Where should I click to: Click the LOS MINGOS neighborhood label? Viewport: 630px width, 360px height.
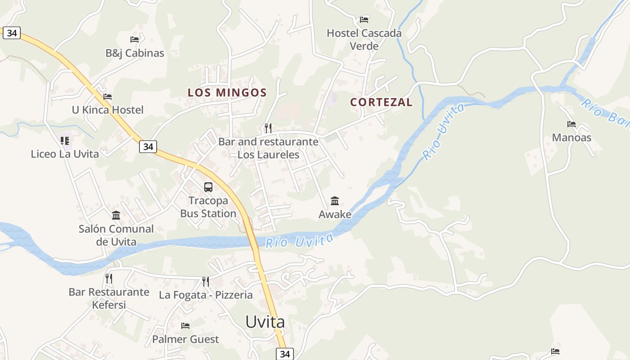(227, 93)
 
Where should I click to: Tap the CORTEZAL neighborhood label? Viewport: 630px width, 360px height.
(381, 102)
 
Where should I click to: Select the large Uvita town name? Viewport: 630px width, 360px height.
(265, 322)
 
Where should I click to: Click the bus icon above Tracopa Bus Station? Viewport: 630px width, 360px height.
(208, 187)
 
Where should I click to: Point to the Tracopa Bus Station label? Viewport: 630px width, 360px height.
(208, 207)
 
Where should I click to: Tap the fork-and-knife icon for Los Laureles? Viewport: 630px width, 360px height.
(268, 128)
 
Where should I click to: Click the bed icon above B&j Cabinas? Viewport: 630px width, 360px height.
(135, 40)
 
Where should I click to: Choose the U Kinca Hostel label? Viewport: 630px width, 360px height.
(108, 110)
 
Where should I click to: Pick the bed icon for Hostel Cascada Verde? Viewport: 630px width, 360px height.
(364, 20)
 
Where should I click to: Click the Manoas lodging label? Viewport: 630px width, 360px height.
(571, 138)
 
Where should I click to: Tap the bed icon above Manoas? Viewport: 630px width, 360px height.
(571, 124)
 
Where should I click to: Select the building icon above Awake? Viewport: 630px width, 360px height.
(335, 201)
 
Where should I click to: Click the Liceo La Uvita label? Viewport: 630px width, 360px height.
(65, 154)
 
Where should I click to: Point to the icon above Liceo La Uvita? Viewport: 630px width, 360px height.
(65, 141)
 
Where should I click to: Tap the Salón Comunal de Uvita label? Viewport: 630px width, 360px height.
(116, 235)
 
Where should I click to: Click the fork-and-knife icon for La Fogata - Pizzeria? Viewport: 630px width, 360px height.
(206, 282)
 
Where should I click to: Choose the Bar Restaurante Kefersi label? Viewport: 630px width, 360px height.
(109, 298)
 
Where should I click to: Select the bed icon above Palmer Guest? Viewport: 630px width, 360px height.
(185, 326)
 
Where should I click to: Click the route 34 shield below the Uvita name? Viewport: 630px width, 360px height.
(285, 354)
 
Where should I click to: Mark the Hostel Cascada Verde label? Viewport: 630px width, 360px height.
(364, 40)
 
